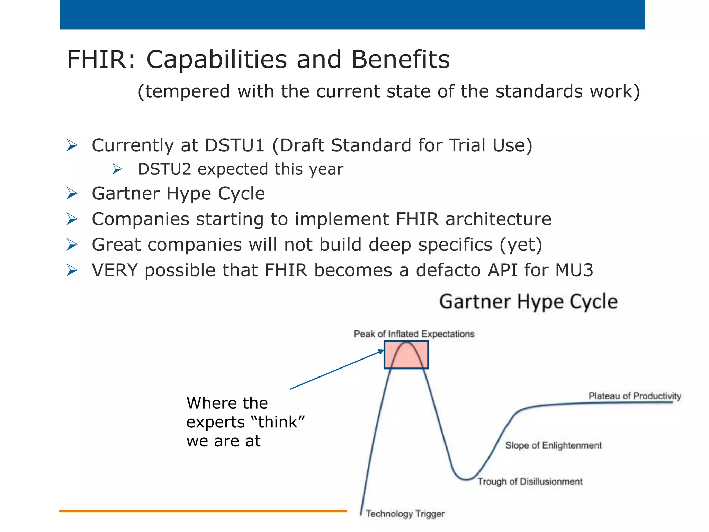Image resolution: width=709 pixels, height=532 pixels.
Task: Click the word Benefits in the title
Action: [x=400, y=59]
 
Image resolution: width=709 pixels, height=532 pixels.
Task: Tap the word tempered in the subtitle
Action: [x=187, y=91]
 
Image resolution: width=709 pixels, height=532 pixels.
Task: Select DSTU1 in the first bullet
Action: [x=235, y=145]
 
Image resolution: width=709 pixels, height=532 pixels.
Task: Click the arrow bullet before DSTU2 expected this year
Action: [x=117, y=169]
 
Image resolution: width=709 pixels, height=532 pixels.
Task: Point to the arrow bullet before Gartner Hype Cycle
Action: [x=72, y=194]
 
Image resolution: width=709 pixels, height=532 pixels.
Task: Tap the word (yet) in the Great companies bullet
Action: [x=521, y=245]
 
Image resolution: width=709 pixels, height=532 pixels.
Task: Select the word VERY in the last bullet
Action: [x=115, y=270]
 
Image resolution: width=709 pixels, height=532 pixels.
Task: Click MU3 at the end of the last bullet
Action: [x=574, y=270]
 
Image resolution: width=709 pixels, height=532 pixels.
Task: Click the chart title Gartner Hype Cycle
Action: [x=528, y=301]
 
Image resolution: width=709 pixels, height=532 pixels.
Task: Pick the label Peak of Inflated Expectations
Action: [x=414, y=334]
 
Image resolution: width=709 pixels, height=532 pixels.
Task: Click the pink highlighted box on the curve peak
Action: [x=406, y=355]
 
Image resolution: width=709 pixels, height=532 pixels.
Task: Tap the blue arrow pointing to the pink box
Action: [x=336, y=370]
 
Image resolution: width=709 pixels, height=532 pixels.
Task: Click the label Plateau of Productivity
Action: [x=635, y=396]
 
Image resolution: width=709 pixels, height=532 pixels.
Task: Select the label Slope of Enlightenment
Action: [x=553, y=445]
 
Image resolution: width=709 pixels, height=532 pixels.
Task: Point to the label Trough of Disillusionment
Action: [x=530, y=481]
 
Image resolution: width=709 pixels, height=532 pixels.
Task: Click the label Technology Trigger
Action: [x=405, y=514]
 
